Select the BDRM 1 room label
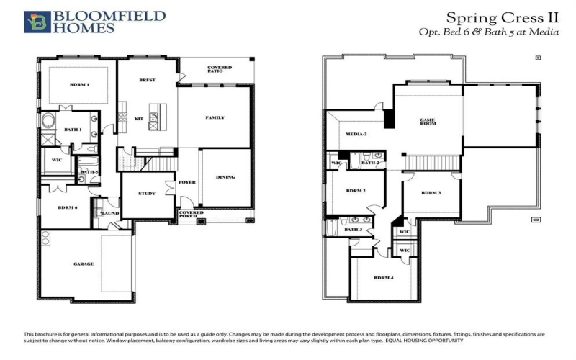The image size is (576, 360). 79,85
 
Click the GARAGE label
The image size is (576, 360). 84,264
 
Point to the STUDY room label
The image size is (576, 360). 147,193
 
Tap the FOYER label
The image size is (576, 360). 187,182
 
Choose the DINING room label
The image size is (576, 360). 225,177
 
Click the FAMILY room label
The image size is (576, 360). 215,117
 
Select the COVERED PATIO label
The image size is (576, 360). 220,69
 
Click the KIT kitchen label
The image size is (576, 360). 139,118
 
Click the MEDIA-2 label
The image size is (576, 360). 356,135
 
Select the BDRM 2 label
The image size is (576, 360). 356,191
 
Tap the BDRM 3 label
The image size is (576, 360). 431,193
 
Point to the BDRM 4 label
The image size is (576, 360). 384,277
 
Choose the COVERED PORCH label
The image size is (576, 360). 192,215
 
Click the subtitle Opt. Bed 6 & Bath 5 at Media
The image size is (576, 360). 488,32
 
